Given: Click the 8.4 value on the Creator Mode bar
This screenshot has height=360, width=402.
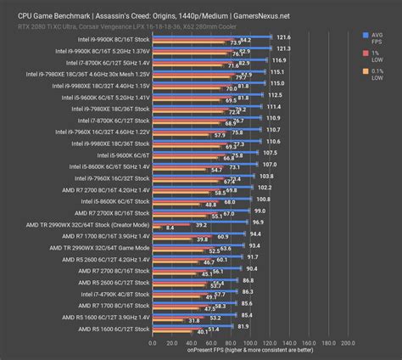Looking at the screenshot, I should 170,228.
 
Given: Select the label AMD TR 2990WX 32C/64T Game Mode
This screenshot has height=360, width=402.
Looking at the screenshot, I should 101,245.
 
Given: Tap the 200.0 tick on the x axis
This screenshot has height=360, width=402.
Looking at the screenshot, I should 347,343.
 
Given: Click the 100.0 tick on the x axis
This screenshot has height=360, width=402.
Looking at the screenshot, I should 249,343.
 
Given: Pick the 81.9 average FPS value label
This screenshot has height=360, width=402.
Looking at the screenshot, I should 243,324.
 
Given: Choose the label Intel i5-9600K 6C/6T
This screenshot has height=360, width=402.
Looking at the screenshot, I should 121,155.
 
